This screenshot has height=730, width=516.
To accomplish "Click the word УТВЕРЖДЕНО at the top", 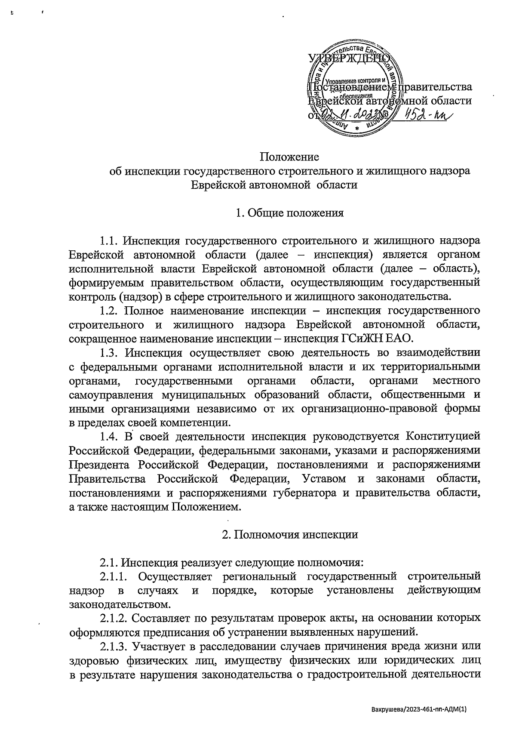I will [349, 59].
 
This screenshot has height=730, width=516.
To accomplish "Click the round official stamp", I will [355, 88].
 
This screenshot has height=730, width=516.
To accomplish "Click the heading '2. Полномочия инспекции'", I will [290, 535].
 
